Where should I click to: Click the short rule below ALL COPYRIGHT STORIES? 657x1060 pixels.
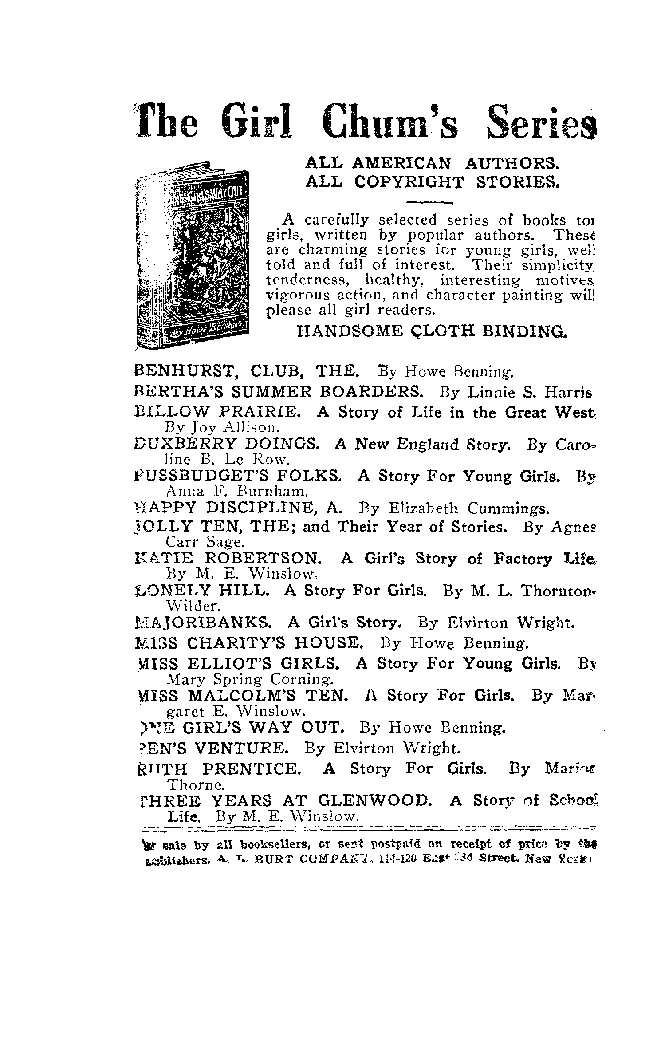tap(429, 204)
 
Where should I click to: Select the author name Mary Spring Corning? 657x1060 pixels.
tap(249, 679)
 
